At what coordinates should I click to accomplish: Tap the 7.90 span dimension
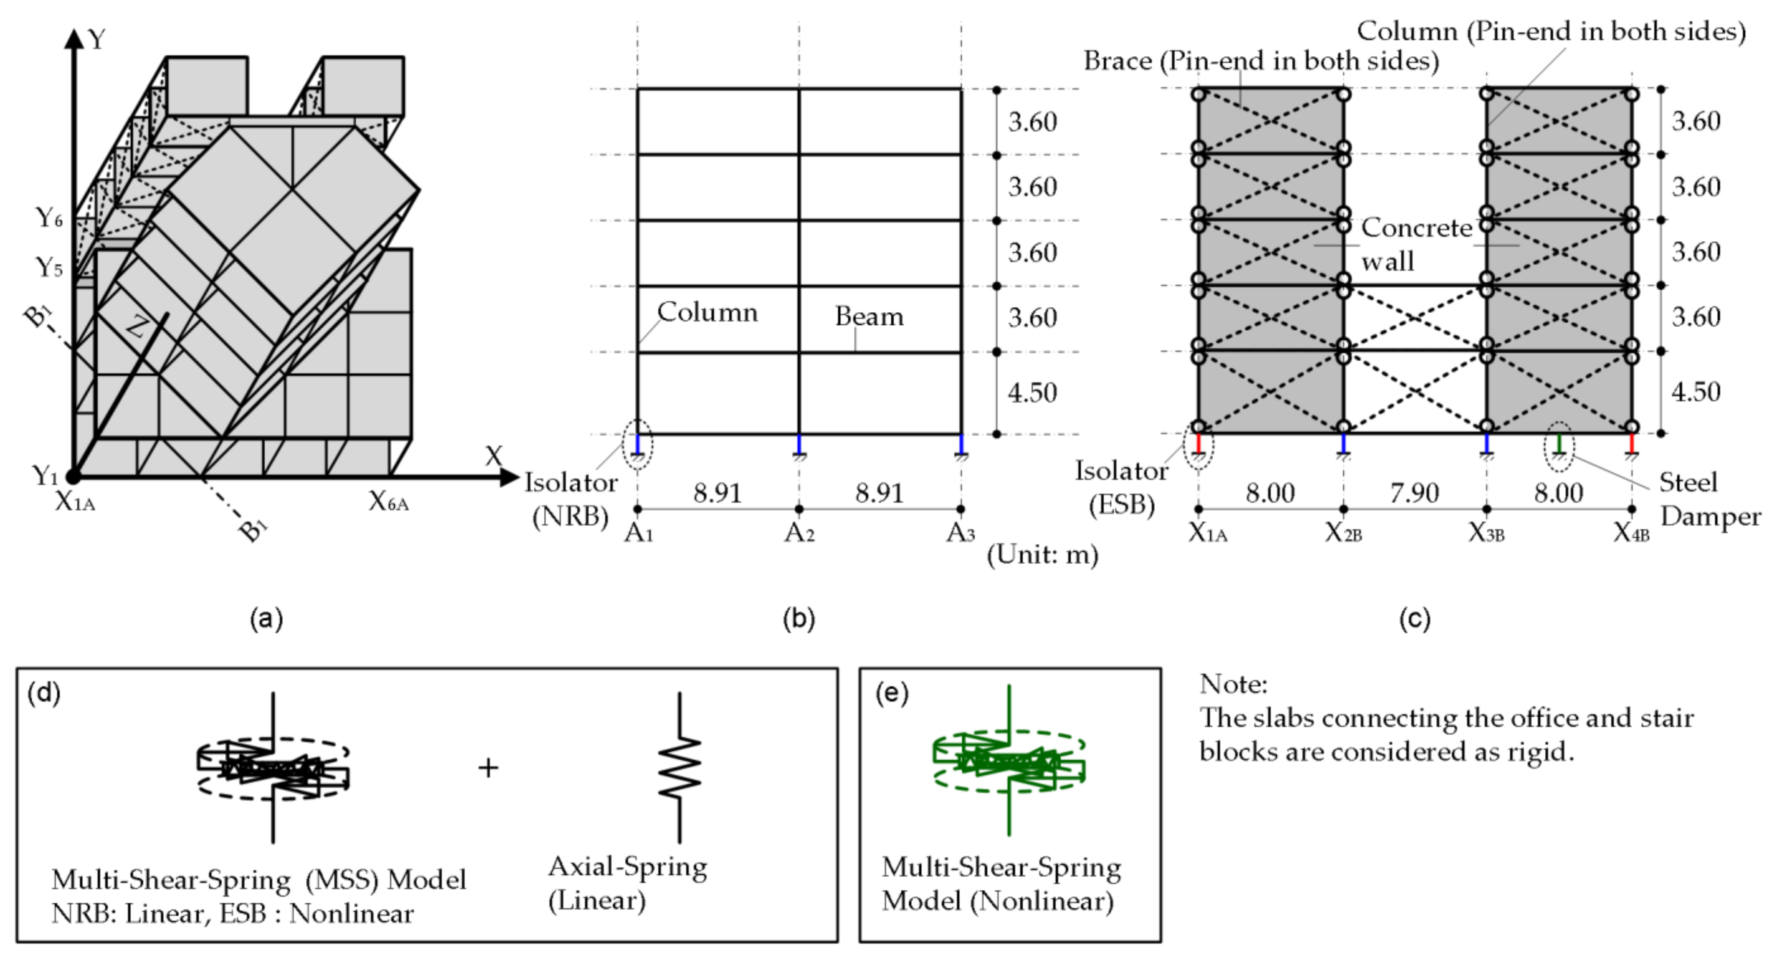pos(1415,493)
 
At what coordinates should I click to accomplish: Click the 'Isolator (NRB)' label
pos(570,499)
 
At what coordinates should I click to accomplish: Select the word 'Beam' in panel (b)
pos(869,317)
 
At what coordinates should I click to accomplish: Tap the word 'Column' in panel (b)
pos(707,313)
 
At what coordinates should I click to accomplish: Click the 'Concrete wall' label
pos(1415,244)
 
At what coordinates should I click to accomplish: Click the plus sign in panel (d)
pos(488,768)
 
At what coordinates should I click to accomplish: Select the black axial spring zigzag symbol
pos(680,768)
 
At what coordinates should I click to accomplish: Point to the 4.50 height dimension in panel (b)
pos(1032,393)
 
